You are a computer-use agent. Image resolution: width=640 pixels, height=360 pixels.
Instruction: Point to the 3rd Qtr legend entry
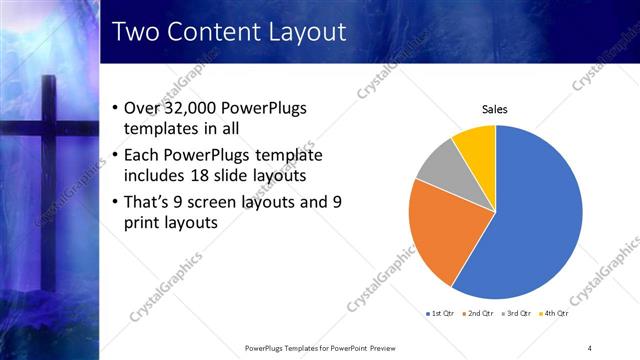(x=519, y=314)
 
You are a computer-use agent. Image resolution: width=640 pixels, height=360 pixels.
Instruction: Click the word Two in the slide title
(x=137, y=32)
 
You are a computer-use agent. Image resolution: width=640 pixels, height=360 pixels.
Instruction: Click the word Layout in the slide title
(x=304, y=32)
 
